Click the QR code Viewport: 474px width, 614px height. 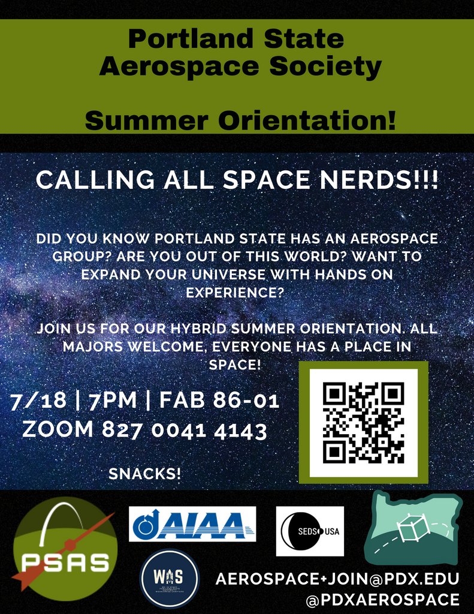coord(363,423)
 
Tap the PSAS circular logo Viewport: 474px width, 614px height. coord(65,549)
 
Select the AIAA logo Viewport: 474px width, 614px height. coord(192,523)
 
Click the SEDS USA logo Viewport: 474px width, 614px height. coord(310,531)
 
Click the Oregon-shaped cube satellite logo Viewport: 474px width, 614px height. coord(413,528)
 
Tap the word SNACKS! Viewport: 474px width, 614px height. coord(144,474)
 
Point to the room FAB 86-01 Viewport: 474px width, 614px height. coord(219,401)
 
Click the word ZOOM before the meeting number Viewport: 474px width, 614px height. coord(58,429)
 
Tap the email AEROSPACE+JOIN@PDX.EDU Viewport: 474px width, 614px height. coord(337,579)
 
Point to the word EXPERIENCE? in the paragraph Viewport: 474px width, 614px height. coord(236,293)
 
